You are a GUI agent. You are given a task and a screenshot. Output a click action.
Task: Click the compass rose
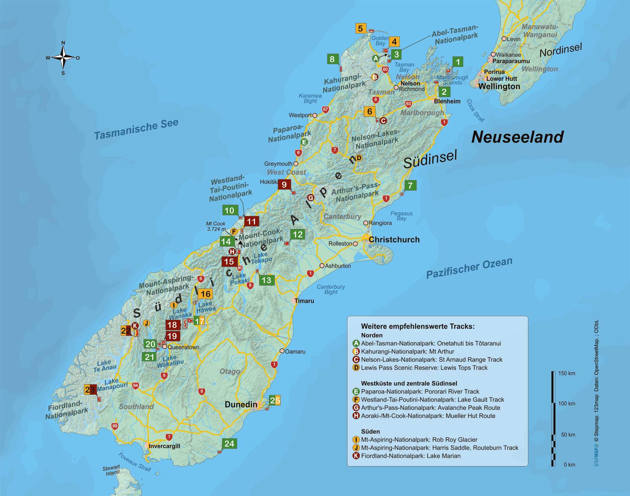[x=63, y=58]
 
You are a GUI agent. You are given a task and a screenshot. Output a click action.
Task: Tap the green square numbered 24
[x=229, y=444]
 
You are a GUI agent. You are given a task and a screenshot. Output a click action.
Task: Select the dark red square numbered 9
[x=284, y=185]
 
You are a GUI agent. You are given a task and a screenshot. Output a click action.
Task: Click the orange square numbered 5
[x=360, y=28]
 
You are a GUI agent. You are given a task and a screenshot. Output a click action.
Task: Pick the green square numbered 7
[x=410, y=186]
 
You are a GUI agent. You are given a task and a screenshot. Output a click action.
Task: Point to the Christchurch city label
[x=394, y=240]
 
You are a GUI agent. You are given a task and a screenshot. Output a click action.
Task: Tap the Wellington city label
[x=499, y=86]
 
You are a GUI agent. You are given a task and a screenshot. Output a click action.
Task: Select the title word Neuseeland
[x=517, y=137]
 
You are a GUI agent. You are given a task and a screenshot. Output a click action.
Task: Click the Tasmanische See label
[x=136, y=129]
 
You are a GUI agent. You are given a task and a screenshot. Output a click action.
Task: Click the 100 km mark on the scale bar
[x=567, y=404]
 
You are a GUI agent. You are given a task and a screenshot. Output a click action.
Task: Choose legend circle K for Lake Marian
[x=356, y=456]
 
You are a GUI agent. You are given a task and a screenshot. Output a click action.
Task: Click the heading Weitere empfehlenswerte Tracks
[x=418, y=326]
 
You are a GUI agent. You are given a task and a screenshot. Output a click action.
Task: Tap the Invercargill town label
[x=164, y=446]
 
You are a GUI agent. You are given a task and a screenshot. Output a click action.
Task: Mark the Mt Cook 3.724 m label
[x=216, y=226]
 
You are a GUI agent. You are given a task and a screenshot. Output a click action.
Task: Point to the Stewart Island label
[x=111, y=471]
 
